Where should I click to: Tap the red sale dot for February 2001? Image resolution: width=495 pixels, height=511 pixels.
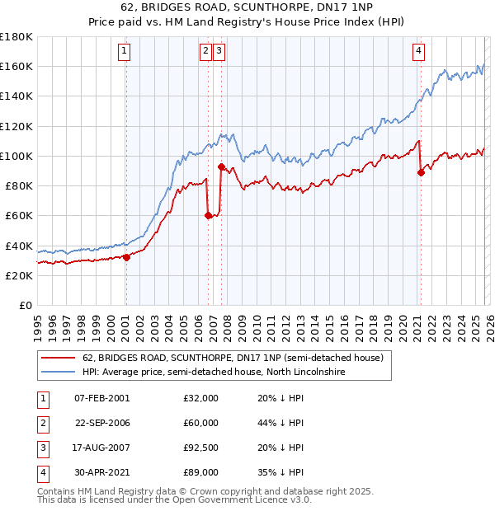[126, 257]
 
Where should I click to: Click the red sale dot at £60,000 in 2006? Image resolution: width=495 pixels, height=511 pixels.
[208, 216]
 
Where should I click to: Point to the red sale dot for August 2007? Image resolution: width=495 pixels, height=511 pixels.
[221, 166]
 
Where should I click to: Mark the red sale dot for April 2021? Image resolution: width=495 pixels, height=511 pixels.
[421, 172]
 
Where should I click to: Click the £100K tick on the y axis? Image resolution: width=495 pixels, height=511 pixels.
[16, 156]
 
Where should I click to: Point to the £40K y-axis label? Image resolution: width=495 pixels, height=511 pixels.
[19, 246]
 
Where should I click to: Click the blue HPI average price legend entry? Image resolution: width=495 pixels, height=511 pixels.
[213, 373]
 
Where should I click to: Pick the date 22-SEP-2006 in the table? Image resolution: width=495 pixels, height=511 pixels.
[102, 422]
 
